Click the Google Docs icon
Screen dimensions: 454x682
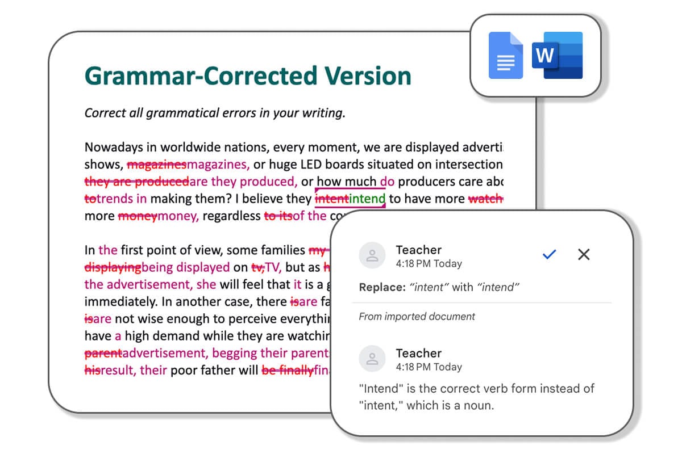click(506, 56)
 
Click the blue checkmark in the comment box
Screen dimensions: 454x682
click(549, 255)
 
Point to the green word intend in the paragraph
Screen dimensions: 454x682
click(367, 199)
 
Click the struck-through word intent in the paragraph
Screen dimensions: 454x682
click(331, 199)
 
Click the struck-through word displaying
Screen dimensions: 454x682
click(113, 267)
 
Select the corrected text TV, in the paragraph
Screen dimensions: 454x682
click(273, 267)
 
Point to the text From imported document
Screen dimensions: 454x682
click(417, 317)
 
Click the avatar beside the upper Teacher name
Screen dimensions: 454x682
click(372, 256)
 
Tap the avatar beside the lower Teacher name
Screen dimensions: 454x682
click(372, 359)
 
